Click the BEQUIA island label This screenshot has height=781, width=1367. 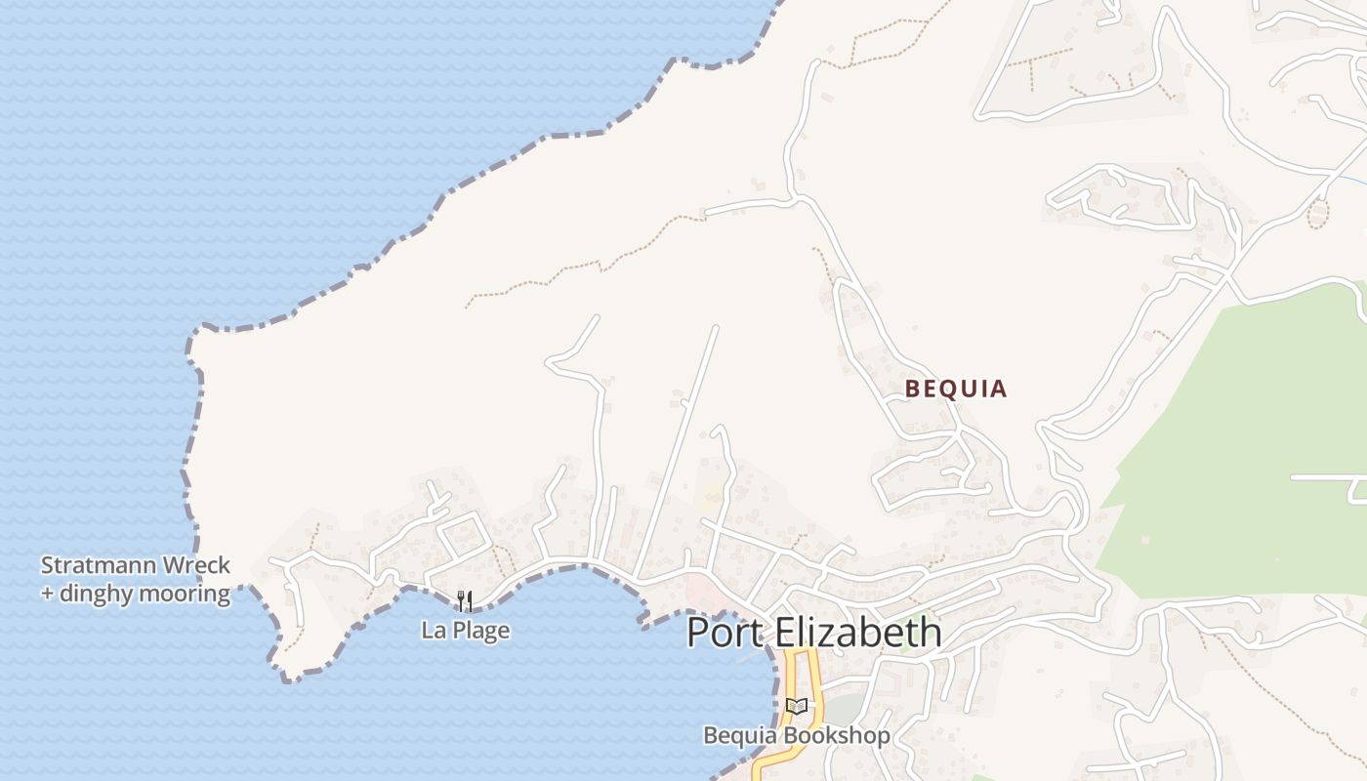coord(955,389)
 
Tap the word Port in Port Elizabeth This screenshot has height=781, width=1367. coord(725,633)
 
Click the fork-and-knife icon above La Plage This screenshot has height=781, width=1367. coord(465,600)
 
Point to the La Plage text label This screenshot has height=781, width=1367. coord(465,631)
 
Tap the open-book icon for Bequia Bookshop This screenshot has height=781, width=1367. coord(797,706)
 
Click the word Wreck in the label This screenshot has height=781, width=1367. coord(199,565)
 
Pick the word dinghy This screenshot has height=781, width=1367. coord(104,594)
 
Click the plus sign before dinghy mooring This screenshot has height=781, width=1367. coord(47,594)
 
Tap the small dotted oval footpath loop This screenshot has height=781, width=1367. coord(1318,213)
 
